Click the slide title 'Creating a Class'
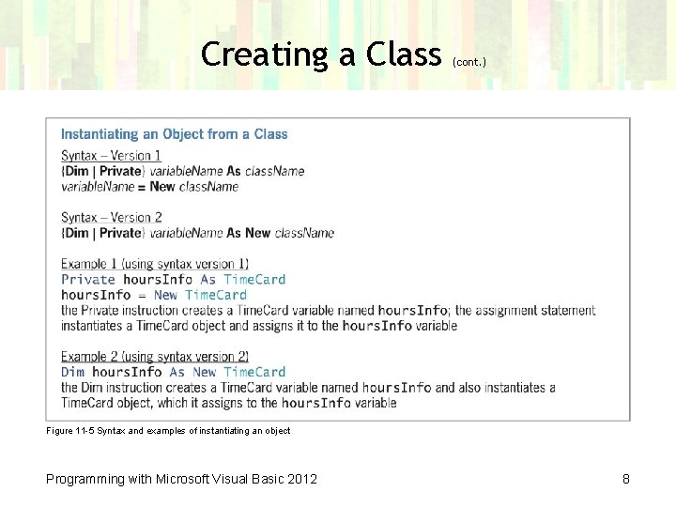point(320,54)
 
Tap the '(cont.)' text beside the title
point(469,62)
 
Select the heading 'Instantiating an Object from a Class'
point(175,134)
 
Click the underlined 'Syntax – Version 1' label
point(111,156)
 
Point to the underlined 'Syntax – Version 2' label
point(111,218)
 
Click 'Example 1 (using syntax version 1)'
point(155,264)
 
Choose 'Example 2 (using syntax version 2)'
point(155,357)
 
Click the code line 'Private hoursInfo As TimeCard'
point(173,279)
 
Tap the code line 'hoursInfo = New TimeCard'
point(154,295)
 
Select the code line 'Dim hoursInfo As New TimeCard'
point(173,372)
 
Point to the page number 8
point(626,479)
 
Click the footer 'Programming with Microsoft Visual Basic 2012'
point(182,479)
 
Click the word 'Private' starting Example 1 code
point(88,279)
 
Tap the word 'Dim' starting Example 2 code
point(73,372)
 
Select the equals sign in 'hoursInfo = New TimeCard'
point(143,295)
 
